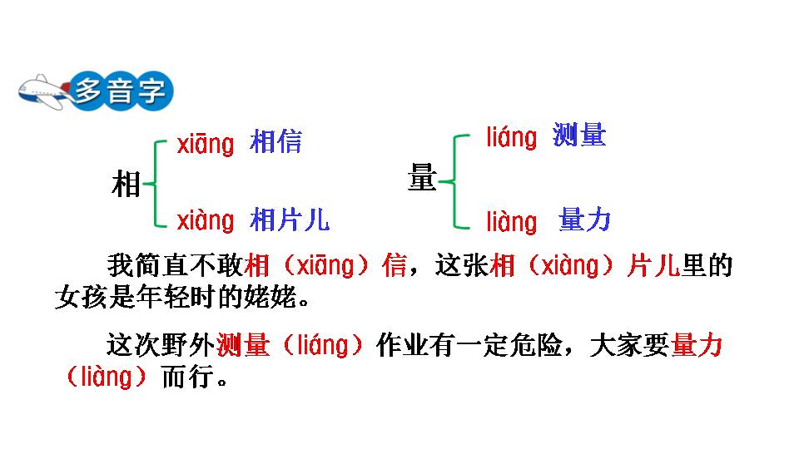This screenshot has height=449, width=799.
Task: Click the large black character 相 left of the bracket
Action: tap(126, 184)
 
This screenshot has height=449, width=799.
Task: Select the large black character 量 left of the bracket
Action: tap(422, 177)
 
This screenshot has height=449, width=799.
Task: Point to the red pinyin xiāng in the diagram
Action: tap(206, 144)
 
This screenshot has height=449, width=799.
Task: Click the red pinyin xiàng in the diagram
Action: tap(206, 221)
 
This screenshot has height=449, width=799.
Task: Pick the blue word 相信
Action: tap(275, 141)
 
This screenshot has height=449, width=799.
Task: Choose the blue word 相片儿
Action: tap(290, 220)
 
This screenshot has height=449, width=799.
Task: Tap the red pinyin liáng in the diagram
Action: tap(512, 137)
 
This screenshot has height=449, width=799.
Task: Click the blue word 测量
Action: tap(579, 135)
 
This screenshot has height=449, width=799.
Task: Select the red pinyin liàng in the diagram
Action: tap(512, 222)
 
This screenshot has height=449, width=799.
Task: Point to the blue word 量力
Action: tap(584, 220)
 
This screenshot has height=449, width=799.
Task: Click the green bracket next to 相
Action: tap(155, 183)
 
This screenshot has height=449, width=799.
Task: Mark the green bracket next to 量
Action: tap(454, 181)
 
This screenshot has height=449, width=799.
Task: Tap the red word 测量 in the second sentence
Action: tap(243, 345)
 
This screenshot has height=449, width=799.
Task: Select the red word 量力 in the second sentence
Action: tap(697, 345)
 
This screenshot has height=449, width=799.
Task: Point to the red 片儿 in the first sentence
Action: tap(653, 265)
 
